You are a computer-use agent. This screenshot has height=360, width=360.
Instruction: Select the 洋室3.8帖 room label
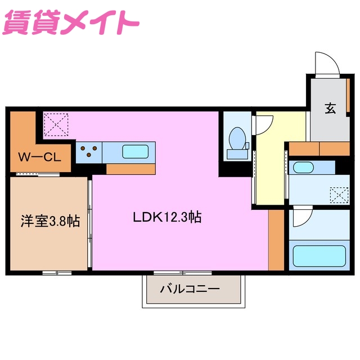50,222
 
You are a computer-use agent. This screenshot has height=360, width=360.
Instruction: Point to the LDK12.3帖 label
167,217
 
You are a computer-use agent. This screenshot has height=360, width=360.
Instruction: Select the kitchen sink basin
136,151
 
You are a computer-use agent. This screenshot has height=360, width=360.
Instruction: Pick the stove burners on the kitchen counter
89,151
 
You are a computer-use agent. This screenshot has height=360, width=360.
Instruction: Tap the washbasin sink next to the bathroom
304,168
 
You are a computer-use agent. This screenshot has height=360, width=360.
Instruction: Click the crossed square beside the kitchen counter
56,124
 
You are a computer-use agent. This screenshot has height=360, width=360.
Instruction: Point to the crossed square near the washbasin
339,196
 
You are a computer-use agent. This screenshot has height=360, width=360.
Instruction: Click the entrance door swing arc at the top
327,63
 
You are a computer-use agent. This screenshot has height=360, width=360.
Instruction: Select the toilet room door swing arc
263,123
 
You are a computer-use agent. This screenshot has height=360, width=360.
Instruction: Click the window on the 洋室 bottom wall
57,273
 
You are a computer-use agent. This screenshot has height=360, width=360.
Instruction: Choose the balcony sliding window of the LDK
175,273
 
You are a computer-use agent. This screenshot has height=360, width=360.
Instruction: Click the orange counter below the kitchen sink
130,169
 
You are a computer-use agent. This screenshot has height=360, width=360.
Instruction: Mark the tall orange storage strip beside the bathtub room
276,239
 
